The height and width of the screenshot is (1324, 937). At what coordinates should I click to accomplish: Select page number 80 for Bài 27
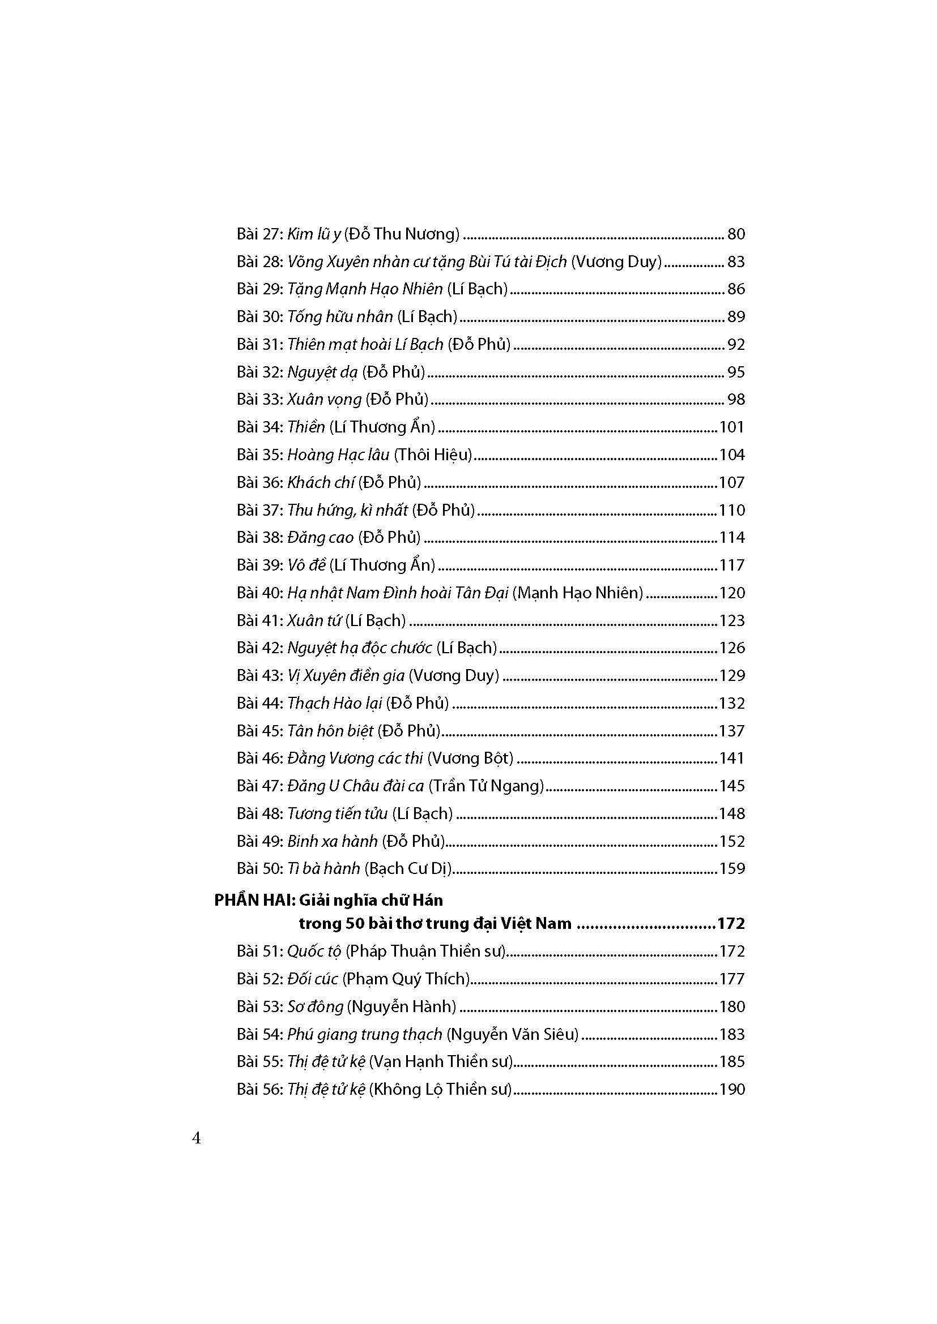(736, 234)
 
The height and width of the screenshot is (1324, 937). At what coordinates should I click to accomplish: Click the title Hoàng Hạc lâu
(338, 455)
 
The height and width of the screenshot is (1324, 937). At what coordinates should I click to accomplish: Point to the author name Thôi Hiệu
(433, 455)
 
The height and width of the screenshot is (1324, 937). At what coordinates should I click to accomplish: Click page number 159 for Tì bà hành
(731, 868)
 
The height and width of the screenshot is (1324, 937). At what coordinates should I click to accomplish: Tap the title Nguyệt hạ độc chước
(360, 648)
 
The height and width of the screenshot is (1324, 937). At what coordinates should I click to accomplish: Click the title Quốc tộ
(314, 951)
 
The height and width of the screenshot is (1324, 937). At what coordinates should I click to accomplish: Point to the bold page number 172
(731, 924)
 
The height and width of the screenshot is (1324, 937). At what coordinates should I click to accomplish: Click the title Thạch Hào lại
(335, 704)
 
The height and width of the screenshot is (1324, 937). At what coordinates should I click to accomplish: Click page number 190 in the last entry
(731, 1089)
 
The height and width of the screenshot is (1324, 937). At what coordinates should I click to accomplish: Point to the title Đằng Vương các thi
(355, 759)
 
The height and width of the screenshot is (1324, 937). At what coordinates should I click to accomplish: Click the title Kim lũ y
(314, 234)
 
